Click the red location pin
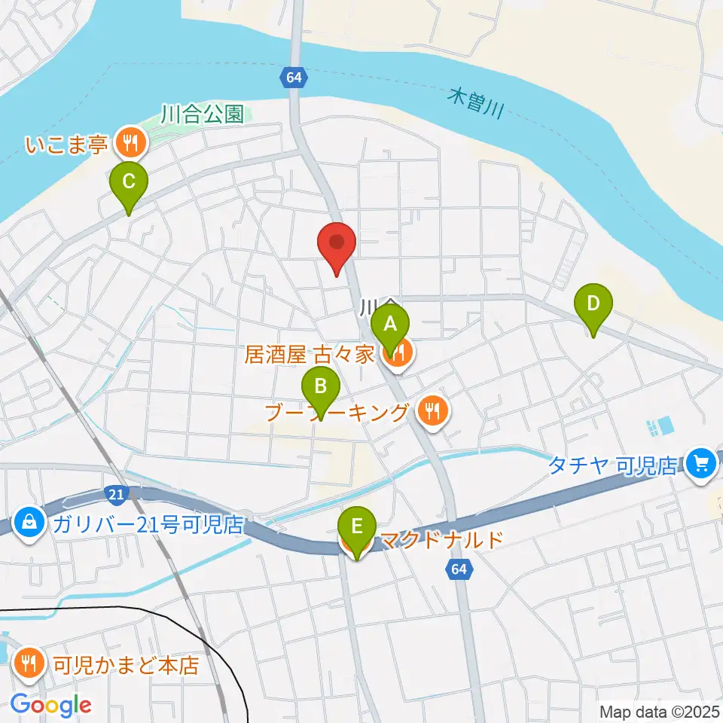pyautogui.click(x=337, y=243)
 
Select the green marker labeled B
pyautogui.click(x=321, y=388)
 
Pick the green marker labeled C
pyautogui.click(x=129, y=182)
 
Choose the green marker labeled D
pyautogui.click(x=593, y=305)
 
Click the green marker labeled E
pyautogui.click(x=357, y=526)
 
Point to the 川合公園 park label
pyautogui.click(x=202, y=114)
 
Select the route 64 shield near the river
pyautogui.click(x=294, y=77)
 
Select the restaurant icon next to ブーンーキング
pyautogui.click(x=431, y=410)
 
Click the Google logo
pyautogui.click(x=51, y=705)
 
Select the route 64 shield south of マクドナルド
pyautogui.click(x=460, y=570)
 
